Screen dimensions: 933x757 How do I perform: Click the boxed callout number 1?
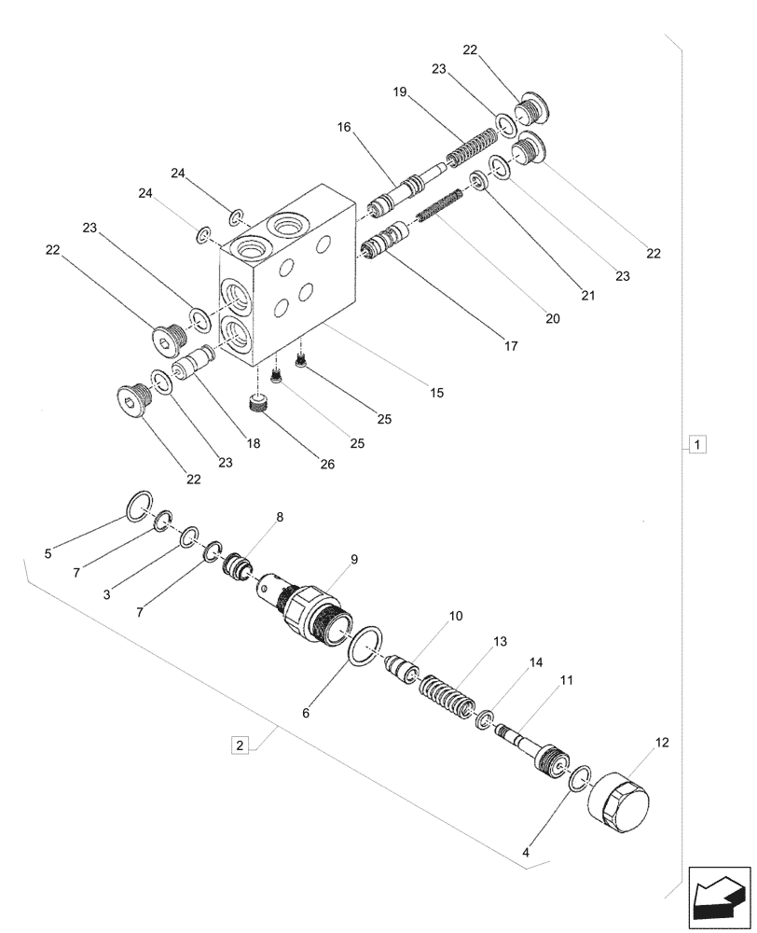coord(698,444)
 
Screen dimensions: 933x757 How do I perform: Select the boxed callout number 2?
coord(241,745)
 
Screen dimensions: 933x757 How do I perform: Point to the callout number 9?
coord(354,559)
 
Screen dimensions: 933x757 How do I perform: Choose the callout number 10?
coord(456,617)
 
